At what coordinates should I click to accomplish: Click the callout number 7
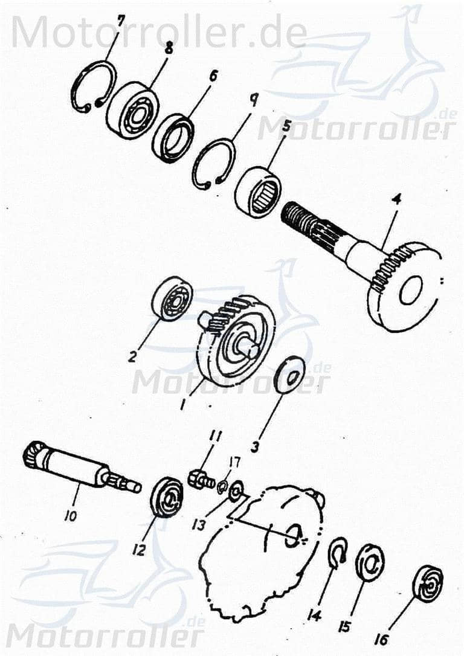point(121,22)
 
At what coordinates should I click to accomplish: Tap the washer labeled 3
point(290,377)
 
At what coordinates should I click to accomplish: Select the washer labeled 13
point(236,488)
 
